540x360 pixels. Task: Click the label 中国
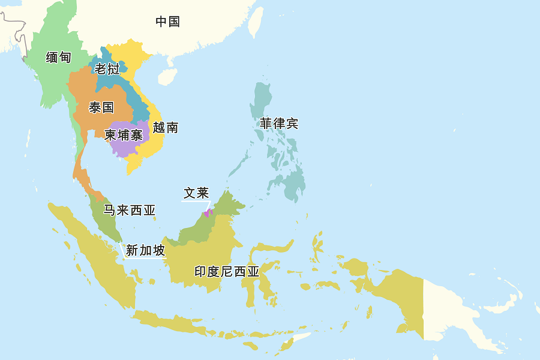coord(167,22)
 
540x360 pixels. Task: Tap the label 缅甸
coord(58,58)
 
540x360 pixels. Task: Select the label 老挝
coord(107,69)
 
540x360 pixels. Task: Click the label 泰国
coord(101,108)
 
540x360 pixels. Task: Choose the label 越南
coord(165,128)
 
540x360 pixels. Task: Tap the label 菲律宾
coord(278,124)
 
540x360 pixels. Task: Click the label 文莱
coord(196,193)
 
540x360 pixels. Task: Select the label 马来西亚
coord(129,211)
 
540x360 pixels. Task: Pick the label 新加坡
coord(145,251)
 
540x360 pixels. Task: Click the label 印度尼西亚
coord(227,272)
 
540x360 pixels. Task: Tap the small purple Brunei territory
coord(208,212)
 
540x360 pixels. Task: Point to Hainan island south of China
coord(167,77)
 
